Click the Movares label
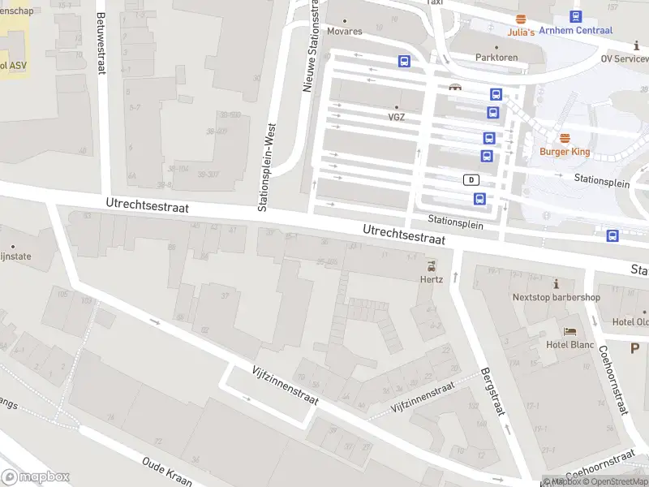tap(345, 32)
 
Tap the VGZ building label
tap(396, 117)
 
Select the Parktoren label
tap(496, 58)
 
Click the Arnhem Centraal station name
tap(576, 31)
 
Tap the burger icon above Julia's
tap(521, 18)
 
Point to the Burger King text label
tap(564, 151)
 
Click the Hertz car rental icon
tap(431, 265)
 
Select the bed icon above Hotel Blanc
tap(570, 331)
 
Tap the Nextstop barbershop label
tap(557, 297)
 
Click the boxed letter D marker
tap(471, 179)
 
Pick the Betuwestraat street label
tap(101, 43)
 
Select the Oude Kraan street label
tap(167, 472)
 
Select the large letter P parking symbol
tap(634, 348)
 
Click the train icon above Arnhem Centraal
tap(576, 16)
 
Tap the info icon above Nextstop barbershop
tap(557, 283)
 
